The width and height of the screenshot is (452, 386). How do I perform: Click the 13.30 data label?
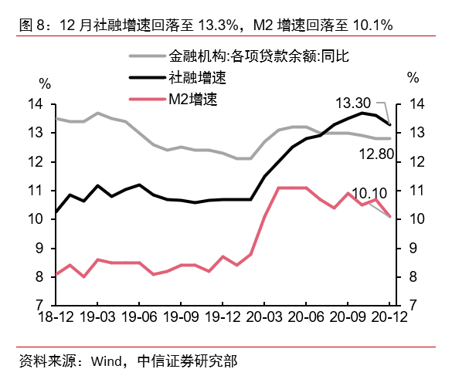coord(354,102)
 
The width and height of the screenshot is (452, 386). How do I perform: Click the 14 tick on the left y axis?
coord(37,104)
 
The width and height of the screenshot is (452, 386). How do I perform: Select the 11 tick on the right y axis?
coord(418,191)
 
